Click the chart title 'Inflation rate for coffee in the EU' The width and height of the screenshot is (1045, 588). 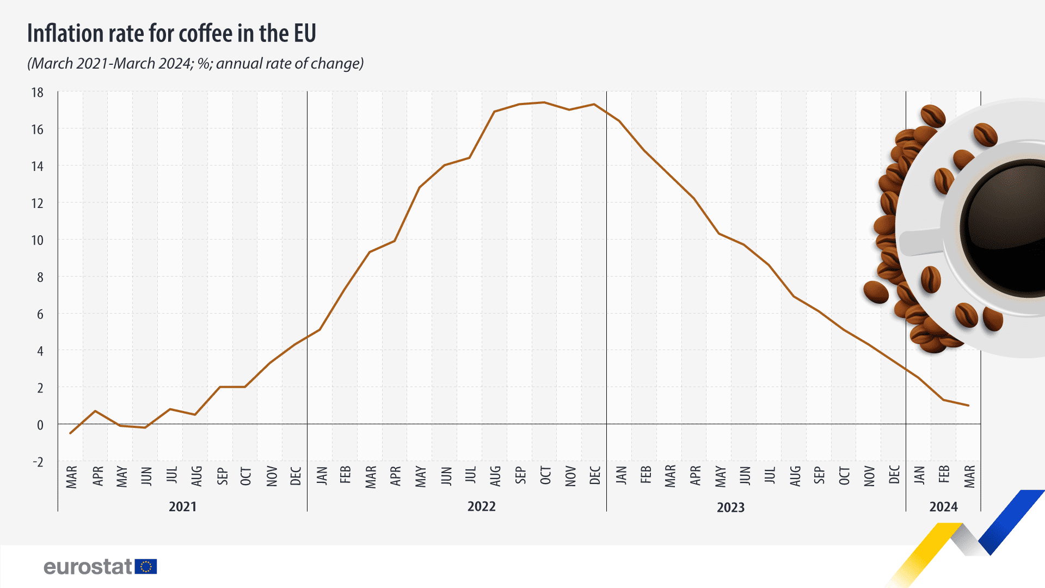click(171, 34)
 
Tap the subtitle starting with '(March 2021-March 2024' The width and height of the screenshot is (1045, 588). click(195, 64)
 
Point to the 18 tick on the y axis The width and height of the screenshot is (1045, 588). click(37, 93)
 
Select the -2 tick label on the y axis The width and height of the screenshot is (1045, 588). click(38, 462)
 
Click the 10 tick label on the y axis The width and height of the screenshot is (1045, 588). click(37, 240)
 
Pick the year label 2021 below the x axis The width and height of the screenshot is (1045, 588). click(182, 507)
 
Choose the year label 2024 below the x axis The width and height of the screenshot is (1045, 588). click(943, 507)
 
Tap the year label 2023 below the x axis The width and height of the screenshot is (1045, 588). click(730, 507)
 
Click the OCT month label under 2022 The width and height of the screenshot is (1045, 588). click(545, 475)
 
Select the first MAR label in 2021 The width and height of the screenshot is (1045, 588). click(72, 476)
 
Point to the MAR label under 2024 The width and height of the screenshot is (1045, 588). click(969, 476)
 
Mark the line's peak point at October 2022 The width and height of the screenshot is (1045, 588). click(544, 102)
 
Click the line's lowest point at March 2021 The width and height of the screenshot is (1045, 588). click(71, 433)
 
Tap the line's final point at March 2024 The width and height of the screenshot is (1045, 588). click(968, 406)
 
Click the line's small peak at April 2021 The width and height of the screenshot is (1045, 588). click(95, 411)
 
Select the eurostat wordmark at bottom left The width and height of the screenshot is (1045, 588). click(88, 567)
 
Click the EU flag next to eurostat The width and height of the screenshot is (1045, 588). click(146, 567)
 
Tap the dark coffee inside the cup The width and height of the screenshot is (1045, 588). click(1007, 229)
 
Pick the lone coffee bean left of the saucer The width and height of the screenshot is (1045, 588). click(876, 292)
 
